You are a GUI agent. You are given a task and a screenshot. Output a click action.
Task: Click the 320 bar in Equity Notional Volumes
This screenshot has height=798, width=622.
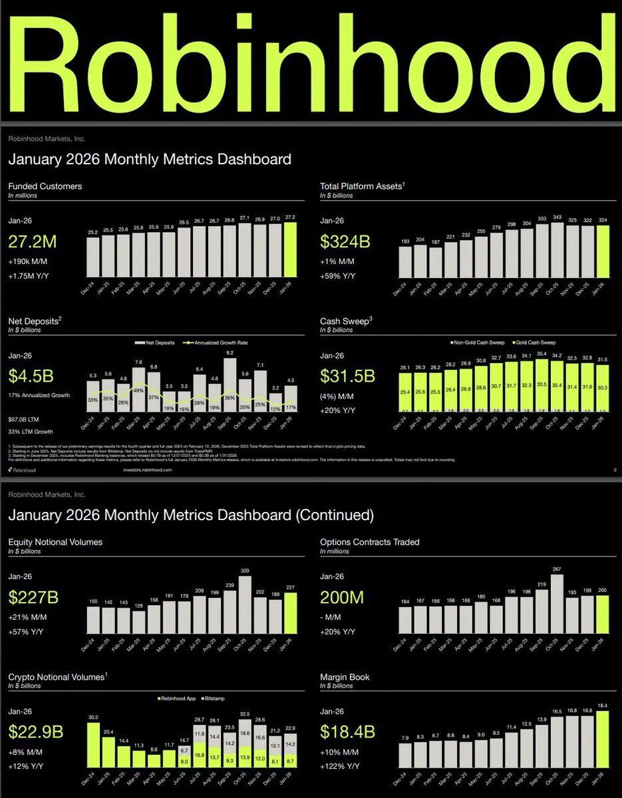(245, 604)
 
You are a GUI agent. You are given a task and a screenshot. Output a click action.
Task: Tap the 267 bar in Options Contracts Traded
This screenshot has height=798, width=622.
(557, 601)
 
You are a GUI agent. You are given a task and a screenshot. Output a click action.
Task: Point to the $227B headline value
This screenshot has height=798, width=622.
(34, 597)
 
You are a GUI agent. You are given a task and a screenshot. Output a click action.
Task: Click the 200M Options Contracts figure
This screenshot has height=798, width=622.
(342, 597)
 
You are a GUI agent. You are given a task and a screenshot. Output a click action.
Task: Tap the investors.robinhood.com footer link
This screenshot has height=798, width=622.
(148, 469)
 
